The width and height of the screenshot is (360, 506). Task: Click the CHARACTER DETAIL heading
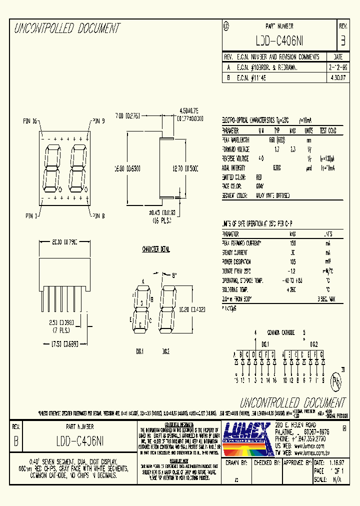pyautogui.click(x=156, y=249)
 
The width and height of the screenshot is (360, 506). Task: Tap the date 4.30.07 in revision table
pyautogui.click(x=337, y=78)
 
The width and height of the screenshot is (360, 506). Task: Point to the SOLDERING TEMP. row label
pyautogui.click(x=236, y=289)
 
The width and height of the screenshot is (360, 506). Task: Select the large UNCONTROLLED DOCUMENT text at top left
pyautogui.click(x=67, y=28)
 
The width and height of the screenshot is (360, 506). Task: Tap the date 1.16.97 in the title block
pyautogui.click(x=336, y=463)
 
